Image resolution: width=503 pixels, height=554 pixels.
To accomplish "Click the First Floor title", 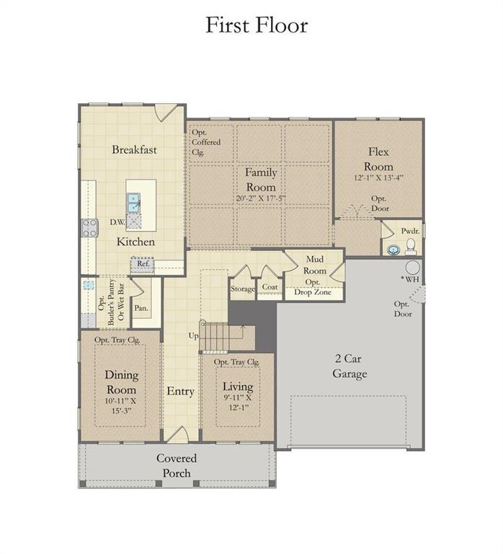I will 257,25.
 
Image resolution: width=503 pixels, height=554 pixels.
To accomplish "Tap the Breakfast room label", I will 134,150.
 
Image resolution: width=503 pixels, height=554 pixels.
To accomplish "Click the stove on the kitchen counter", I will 89,228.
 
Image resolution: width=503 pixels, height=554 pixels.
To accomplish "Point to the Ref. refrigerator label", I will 143,265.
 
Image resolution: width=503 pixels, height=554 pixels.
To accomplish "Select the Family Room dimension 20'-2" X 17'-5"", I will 260,198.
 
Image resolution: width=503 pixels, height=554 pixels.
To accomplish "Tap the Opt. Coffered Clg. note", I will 206,142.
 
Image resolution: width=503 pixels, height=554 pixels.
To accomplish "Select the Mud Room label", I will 316,265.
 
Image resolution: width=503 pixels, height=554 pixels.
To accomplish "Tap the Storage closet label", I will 243,289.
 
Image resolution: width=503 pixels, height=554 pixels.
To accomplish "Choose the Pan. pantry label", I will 141,308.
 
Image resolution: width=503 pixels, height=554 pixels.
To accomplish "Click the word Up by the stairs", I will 193,336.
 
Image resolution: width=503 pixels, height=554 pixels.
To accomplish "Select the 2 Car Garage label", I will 350,366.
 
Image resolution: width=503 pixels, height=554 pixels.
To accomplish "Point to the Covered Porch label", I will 177,465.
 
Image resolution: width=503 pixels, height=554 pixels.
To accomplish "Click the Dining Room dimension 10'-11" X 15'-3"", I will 121,405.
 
